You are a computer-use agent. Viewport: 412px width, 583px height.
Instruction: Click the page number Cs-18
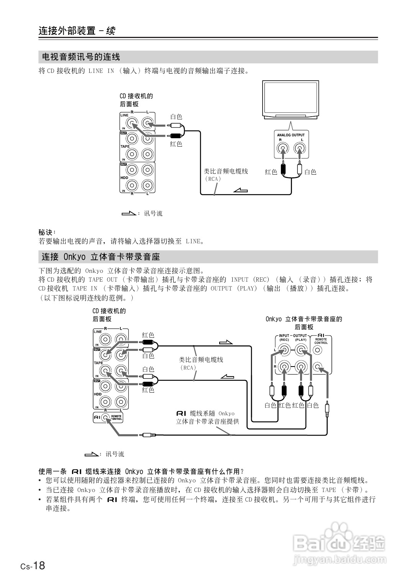33,566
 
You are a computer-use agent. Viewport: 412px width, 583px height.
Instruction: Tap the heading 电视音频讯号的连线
81,57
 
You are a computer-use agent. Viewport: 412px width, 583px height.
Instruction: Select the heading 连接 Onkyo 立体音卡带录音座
100,257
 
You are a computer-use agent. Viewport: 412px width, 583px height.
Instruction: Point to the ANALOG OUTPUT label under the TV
291,135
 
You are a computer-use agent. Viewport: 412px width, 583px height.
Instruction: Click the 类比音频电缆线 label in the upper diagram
226,171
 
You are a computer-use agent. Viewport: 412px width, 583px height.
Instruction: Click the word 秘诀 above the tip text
47,232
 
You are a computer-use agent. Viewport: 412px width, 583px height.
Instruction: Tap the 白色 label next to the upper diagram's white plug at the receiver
176,117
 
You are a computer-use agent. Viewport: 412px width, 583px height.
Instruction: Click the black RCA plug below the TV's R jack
283,167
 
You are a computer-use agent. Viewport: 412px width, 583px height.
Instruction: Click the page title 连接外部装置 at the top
67,31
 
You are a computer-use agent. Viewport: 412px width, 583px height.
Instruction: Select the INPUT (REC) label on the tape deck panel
284,338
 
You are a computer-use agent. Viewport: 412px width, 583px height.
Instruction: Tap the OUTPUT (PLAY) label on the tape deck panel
300,338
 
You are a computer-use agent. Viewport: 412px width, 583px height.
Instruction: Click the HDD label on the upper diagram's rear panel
124,178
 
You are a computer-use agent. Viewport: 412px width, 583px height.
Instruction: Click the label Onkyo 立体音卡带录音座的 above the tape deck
304,319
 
